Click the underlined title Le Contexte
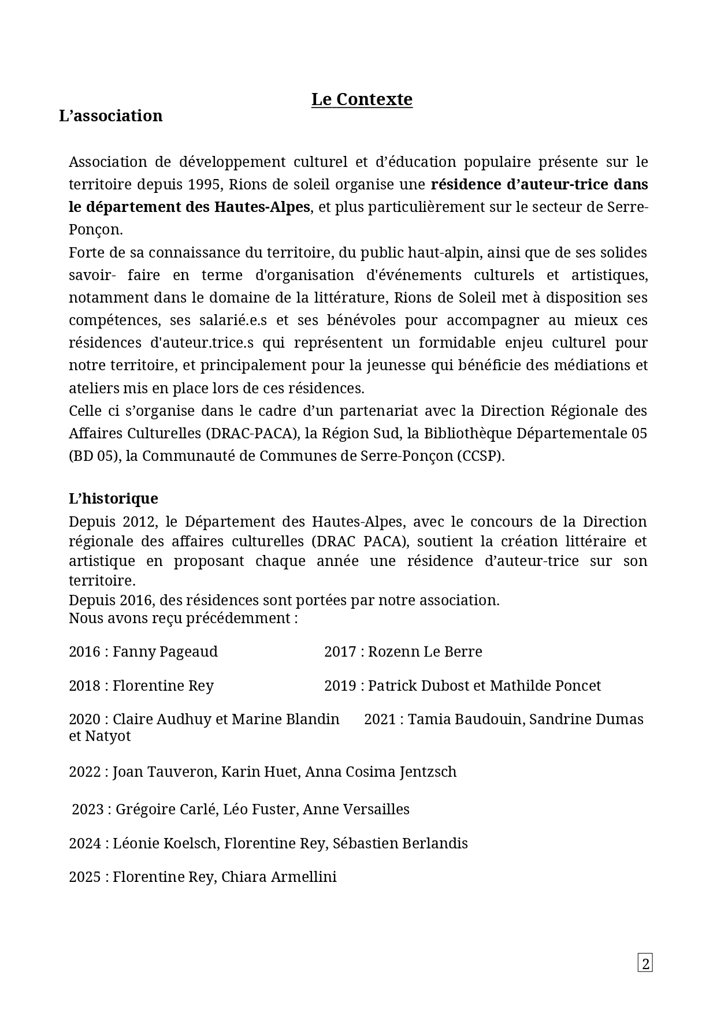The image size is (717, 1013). pyautogui.click(x=362, y=99)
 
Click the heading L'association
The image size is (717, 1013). pyautogui.click(x=111, y=116)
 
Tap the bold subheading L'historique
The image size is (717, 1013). pyautogui.click(x=113, y=498)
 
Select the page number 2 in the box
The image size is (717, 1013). pyautogui.click(x=645, y=963)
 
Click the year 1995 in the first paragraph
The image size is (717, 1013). pyautogui.click(x=204, y=184)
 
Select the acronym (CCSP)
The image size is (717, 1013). pyautogui.click(x=480, y=456)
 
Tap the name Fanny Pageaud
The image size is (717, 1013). pyautogui.click(x=165, y=651)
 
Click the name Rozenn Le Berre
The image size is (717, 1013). pyautogui.click(x=425, y=651)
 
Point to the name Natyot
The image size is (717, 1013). pyautogui.click(x=107, y=736)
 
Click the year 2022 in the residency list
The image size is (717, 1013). pyautogui.click(x=85, y=772)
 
